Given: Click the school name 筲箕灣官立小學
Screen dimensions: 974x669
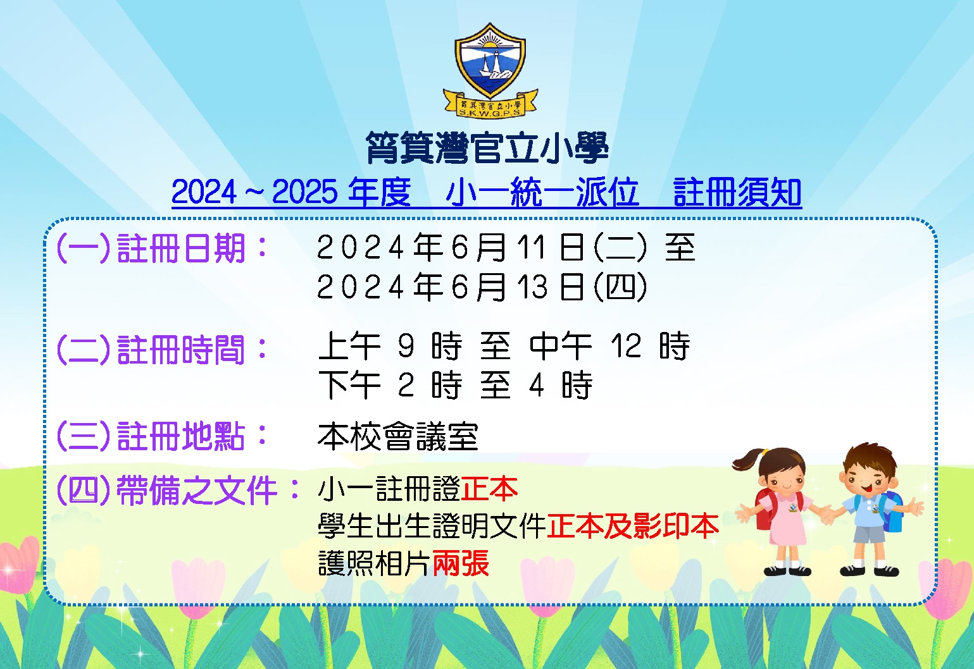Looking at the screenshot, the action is pos(487,148).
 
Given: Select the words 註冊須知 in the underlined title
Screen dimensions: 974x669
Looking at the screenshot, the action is pos(737,192).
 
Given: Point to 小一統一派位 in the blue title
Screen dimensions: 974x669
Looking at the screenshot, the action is pos(542,192).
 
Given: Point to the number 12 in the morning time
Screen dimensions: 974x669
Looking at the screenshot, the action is pos(626,346).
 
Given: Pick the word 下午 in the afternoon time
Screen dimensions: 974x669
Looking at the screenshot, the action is pos(349,385).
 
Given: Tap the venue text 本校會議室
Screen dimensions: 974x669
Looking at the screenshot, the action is pos(398,436).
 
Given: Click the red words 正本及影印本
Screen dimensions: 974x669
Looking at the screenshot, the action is pos(633,526).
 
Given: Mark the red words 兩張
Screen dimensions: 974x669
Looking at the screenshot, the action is pos(461,563).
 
